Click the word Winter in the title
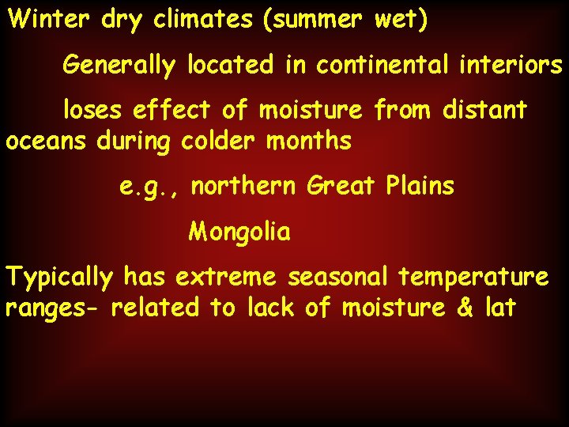[49, 20]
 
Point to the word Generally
[119, 66]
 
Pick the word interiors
[517, 65]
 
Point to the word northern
[244, 187]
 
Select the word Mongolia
[239, 232]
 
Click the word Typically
[60, 278]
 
